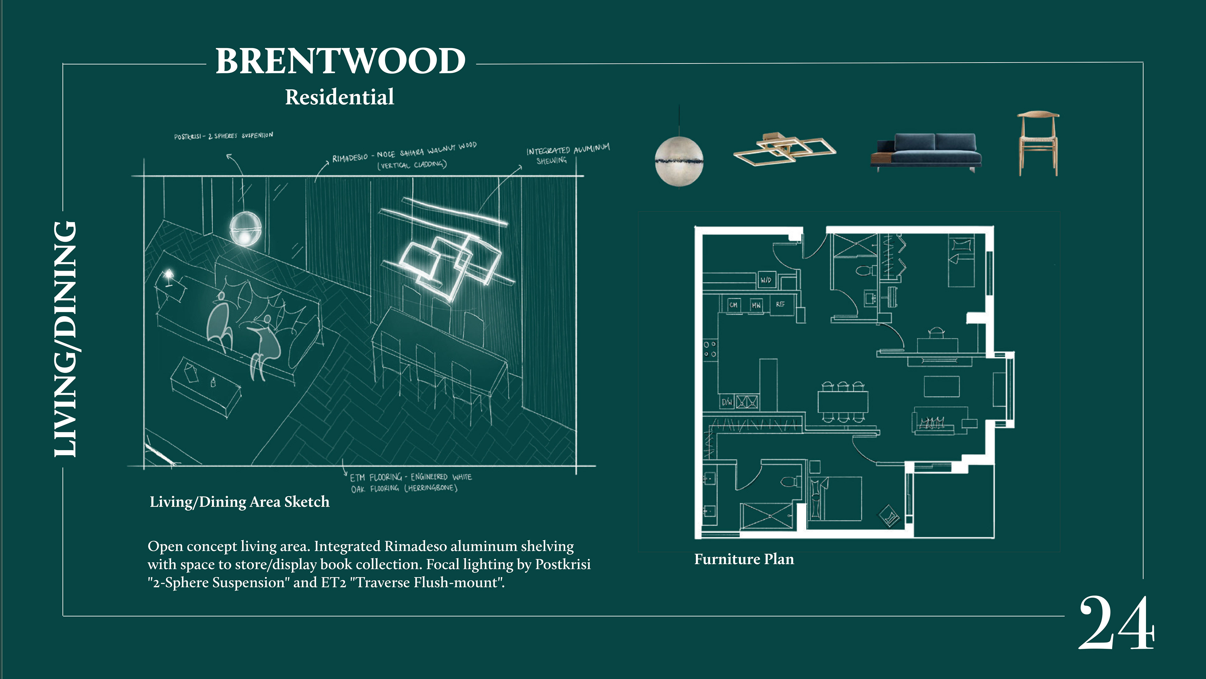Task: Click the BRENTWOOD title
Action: [340, 61]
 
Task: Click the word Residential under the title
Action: [340, 97]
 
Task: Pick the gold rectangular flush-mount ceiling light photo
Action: [784, 149]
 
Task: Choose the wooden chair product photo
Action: [1038, 143]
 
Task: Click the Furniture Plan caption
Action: [744, 559]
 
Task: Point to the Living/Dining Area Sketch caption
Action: [239, 502]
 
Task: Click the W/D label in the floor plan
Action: [766, 280]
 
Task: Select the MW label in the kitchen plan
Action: [756, 305]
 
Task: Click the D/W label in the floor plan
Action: [727, 402]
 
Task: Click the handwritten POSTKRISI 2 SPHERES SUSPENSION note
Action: [223, 136]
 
